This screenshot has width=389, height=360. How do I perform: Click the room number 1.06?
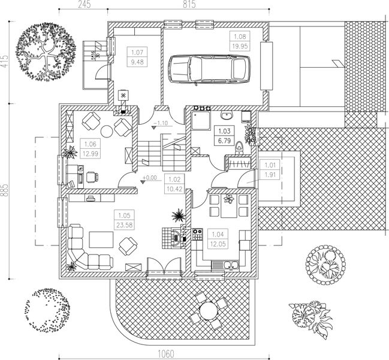pyautogui.click(x=91, y=145)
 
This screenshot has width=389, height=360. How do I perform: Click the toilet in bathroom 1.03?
pyautogui.click(x=239, y=145)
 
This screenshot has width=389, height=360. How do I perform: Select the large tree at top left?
pyautogui.click(x=45, y=50)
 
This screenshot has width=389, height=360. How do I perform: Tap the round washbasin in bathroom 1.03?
pyautogui.click(x=227, y=115)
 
